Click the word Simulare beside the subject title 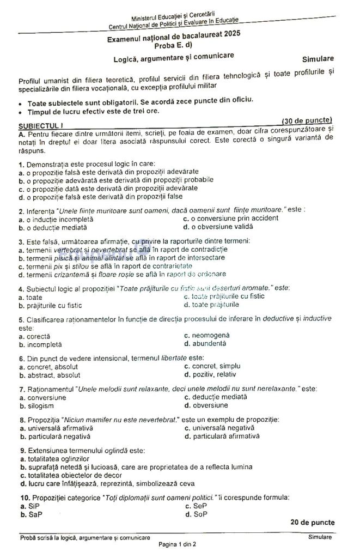[318, 58]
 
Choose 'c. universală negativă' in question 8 [221, 428]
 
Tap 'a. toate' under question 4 [30, 298]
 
